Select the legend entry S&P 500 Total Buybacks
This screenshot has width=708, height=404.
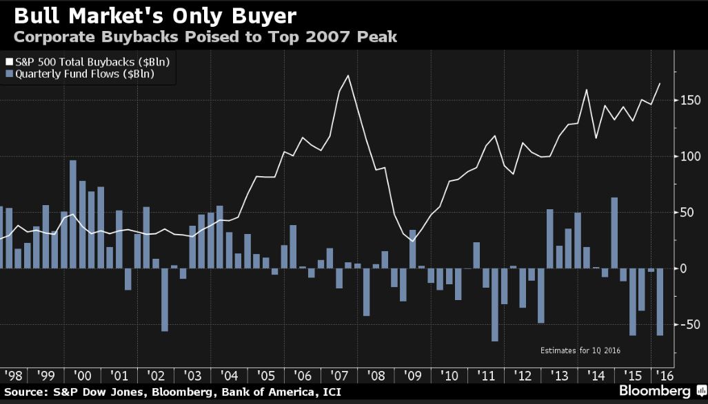92,61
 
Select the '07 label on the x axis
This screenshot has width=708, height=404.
339,376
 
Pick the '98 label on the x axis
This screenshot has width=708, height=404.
13,376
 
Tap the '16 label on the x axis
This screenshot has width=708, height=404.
664,376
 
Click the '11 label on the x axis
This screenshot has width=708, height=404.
487,376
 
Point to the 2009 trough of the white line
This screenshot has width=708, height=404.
412,240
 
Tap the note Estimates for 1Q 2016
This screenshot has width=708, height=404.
580,350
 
